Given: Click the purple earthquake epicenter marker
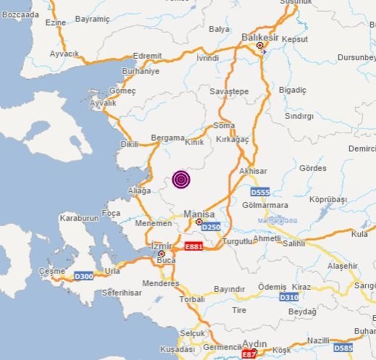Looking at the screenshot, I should [180, 180].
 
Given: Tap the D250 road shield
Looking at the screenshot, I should [210, 227].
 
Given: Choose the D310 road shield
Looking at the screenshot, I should [289, 297].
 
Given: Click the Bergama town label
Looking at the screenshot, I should [164, 138].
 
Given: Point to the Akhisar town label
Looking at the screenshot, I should [252, 172].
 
